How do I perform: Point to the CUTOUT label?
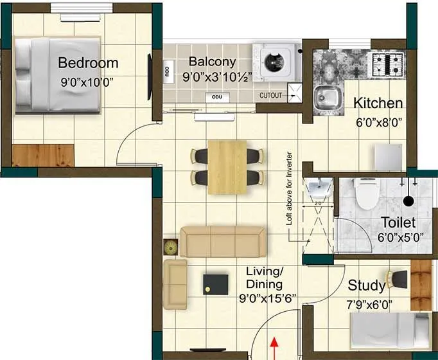(270, 95)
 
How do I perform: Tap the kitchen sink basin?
(326, 98)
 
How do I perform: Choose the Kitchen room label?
(378, 103)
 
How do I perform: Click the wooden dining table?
(227, 166)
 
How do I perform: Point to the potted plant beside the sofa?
(171, 247)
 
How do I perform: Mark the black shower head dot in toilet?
(408, 201)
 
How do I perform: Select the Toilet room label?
(398, 222)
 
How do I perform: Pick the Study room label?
(367, 285)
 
